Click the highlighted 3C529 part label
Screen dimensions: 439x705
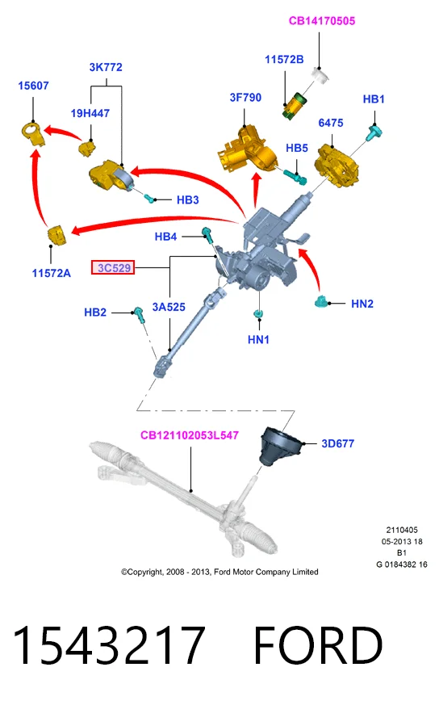coord(113,268)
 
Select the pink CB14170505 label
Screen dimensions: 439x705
coord(322,21)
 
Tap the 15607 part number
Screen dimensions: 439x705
coord(33,86)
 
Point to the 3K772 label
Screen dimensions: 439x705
coord(106,67)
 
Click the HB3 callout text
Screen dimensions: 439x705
coord(187,199)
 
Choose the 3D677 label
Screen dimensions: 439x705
coord(337,443)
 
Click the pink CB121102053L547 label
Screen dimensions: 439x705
coord(189,435)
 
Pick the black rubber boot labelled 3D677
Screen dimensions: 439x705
coord(280,447)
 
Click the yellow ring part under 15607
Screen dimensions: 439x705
coord(33,133)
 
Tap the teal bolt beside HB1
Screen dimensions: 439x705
coord(374,133)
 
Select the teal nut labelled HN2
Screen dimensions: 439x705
coord(322,302)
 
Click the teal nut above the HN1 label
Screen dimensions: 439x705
coord(258,313)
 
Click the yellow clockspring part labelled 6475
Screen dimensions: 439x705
coord(337,165)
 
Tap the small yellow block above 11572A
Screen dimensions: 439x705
coord(57,236)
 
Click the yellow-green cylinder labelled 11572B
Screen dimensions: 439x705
coord(293,106)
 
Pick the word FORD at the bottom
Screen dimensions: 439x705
coord(318,645)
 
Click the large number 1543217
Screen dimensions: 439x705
coord(109,645)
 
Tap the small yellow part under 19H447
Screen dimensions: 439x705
coord(87,149)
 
